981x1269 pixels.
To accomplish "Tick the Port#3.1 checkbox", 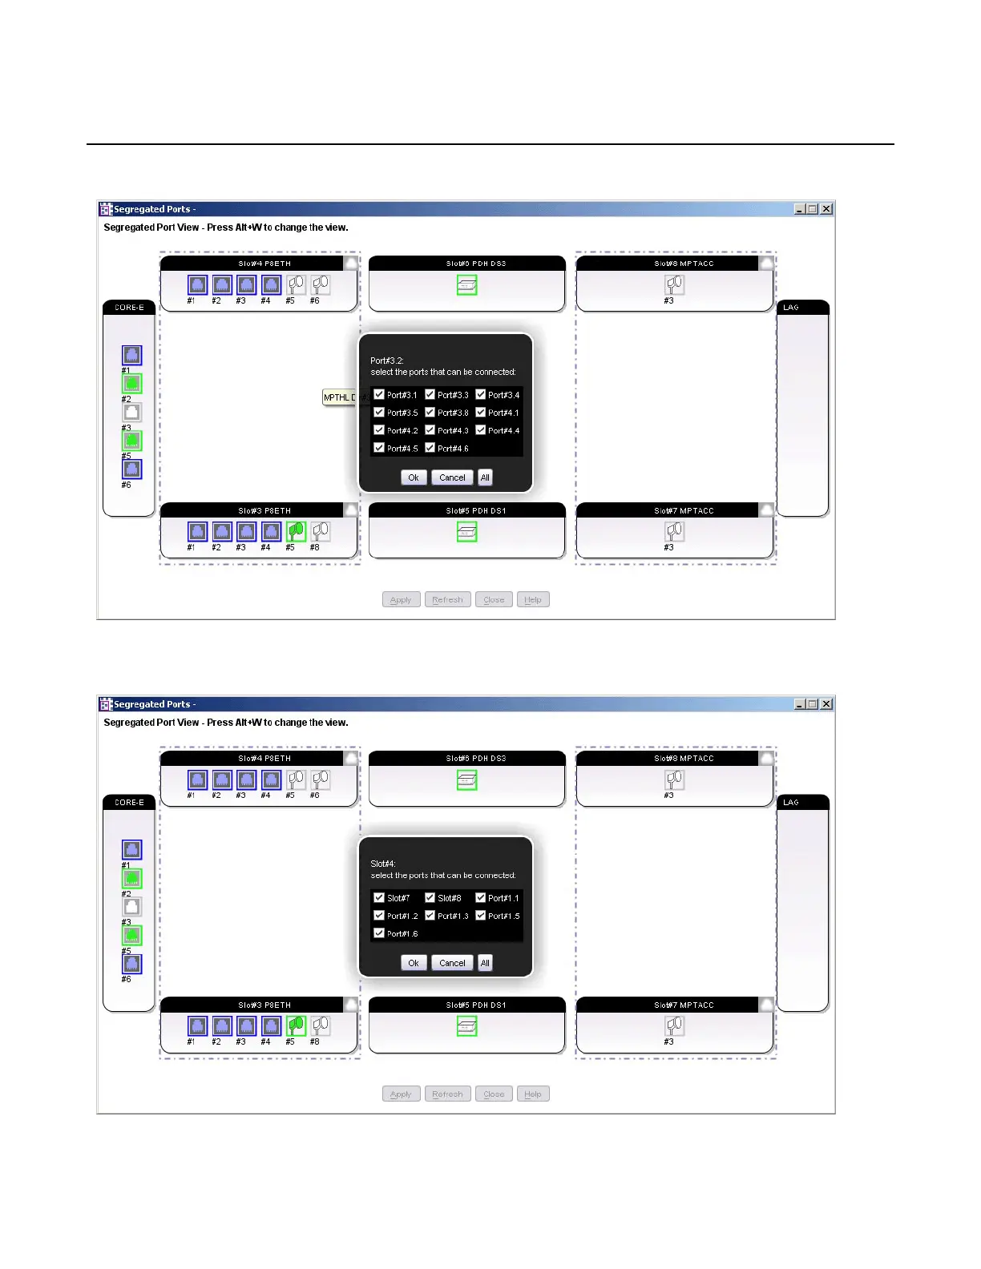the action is (379, 394).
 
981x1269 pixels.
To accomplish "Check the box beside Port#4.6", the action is (430, 448).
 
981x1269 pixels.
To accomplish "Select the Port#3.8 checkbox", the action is (430, 412).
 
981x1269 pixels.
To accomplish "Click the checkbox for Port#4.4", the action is (481, 430).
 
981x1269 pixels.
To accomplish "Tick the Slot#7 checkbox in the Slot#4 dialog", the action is (379, 897).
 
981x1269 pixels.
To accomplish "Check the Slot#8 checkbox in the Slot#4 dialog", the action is (430, 897).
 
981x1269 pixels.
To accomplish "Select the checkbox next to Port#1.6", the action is (379, 933).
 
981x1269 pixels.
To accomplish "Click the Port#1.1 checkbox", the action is (481, 897).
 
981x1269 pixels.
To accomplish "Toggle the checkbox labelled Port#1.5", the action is (481, 915).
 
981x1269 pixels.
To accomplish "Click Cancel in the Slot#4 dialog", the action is (452, 963).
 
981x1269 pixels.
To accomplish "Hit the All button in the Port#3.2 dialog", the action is (485, 477).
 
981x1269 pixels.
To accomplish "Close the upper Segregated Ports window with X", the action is (826, 209).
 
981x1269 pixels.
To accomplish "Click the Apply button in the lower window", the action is (401, 1094).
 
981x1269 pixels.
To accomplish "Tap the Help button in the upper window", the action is (533, 600).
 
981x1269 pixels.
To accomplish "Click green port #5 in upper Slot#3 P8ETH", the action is (296, 531).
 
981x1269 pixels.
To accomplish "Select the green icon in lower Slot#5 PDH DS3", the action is (466, 780).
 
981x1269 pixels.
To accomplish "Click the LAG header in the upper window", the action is (802, 308).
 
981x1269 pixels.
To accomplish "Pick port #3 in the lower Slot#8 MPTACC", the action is (675, 780).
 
